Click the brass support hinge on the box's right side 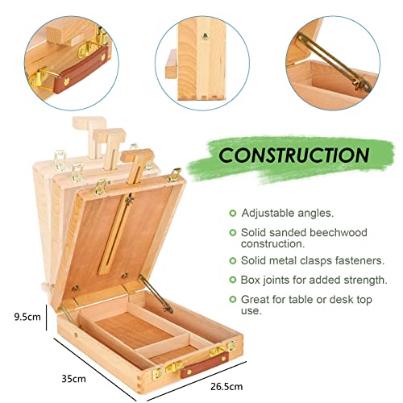pyautogui.click(x=156, y=294)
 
